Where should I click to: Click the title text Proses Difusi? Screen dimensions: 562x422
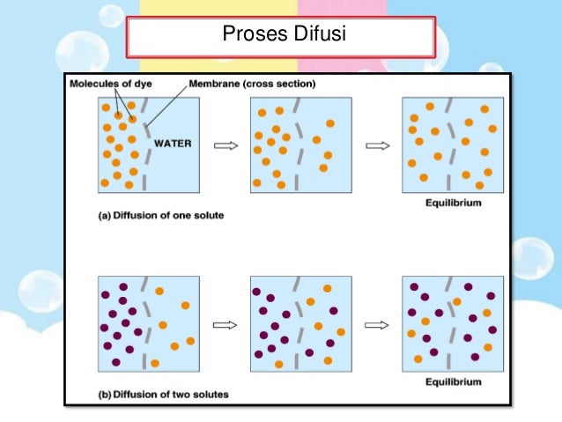[280, 37]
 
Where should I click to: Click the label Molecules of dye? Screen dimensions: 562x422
[105, 84]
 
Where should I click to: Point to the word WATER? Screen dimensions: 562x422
[172, 143]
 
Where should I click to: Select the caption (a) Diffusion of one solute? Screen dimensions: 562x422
[159, 214]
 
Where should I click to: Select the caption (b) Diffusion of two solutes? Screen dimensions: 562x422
[163, 394]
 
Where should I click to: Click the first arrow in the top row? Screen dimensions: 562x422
[226, 146]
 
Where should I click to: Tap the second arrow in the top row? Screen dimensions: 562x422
[377, 146]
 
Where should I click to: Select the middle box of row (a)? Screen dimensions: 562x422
[300, 144]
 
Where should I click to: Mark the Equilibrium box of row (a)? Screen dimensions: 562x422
[452, 144]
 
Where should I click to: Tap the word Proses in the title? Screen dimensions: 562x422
[250, 37]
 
